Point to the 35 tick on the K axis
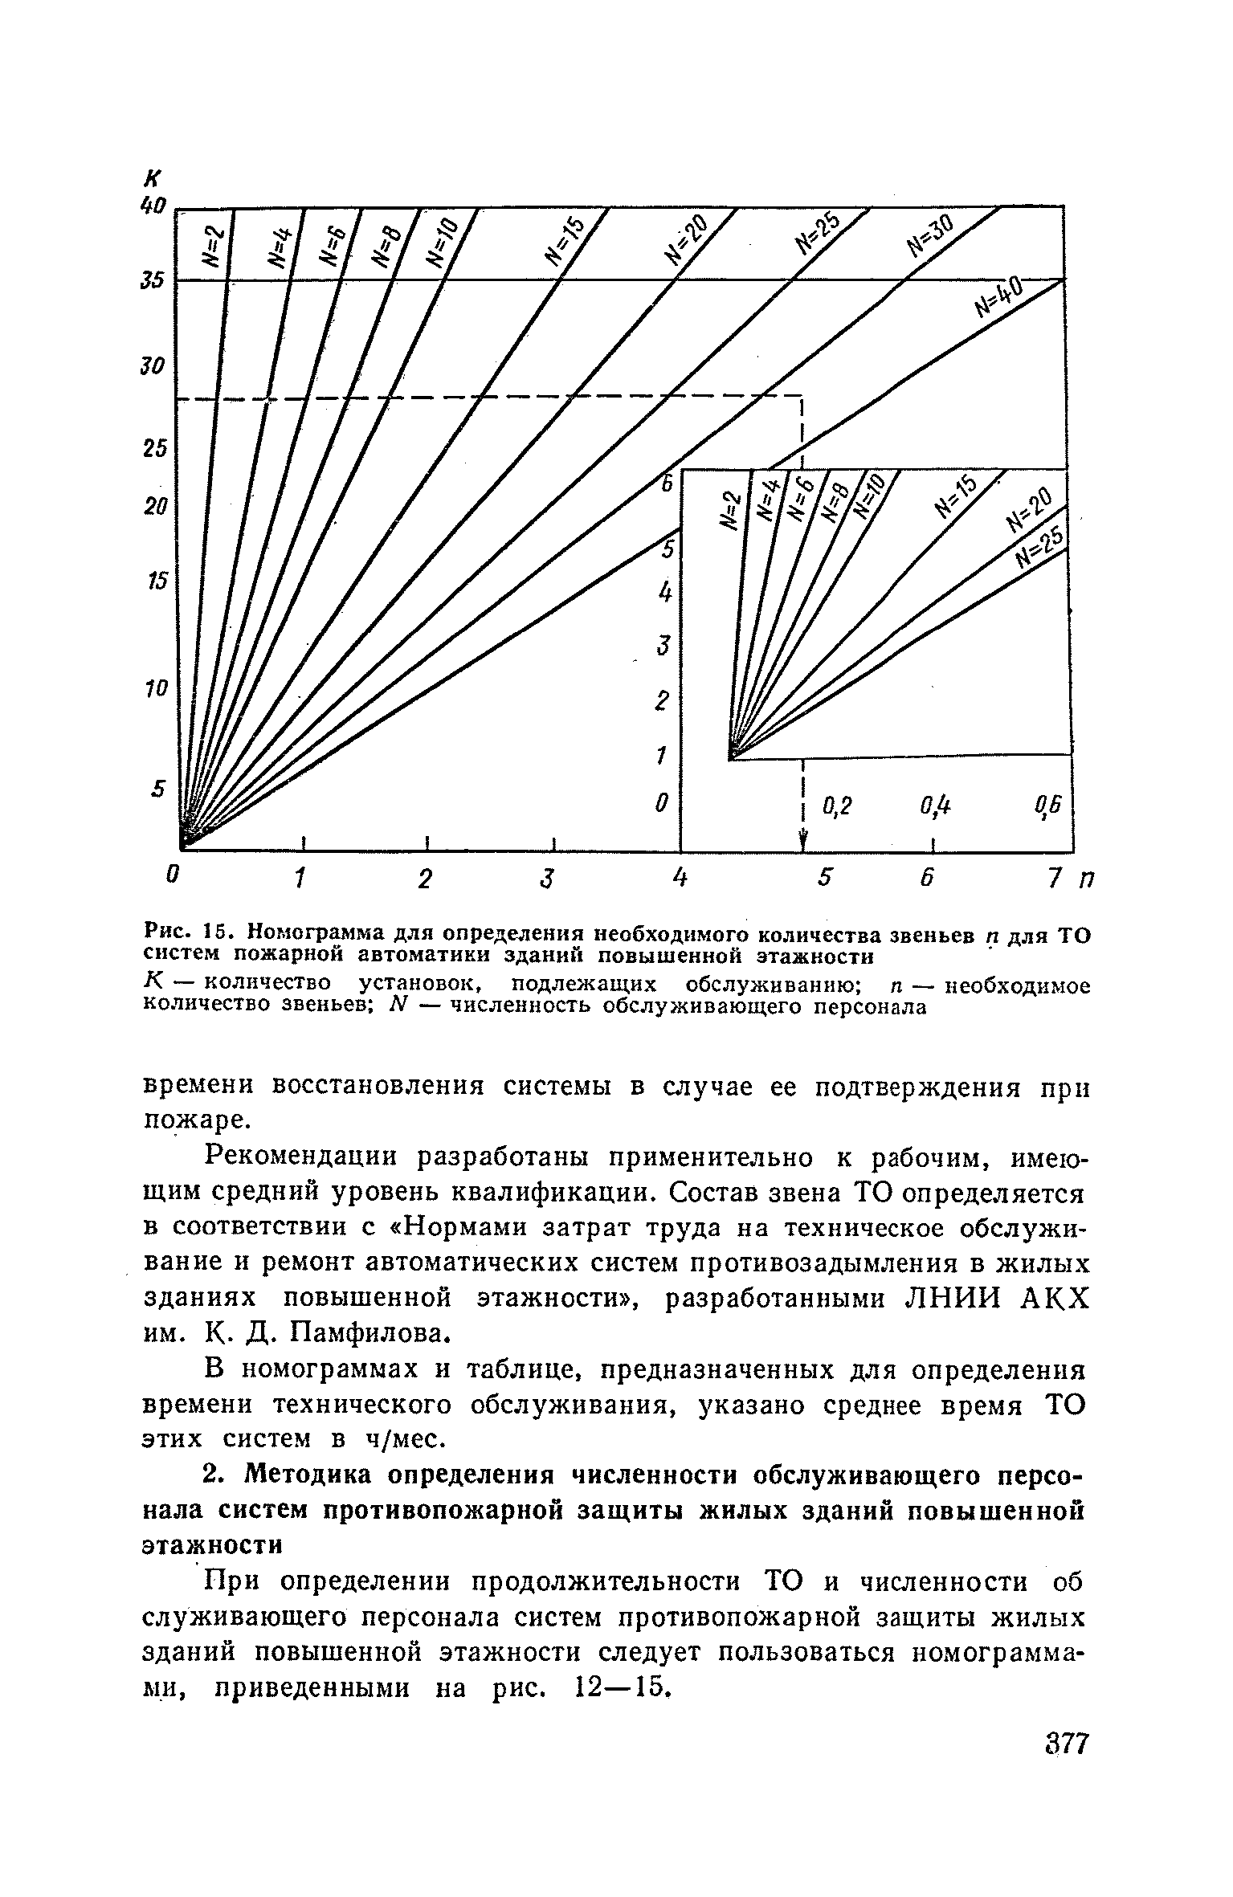(x=152, y=280)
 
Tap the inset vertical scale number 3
(x=663, y=646)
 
